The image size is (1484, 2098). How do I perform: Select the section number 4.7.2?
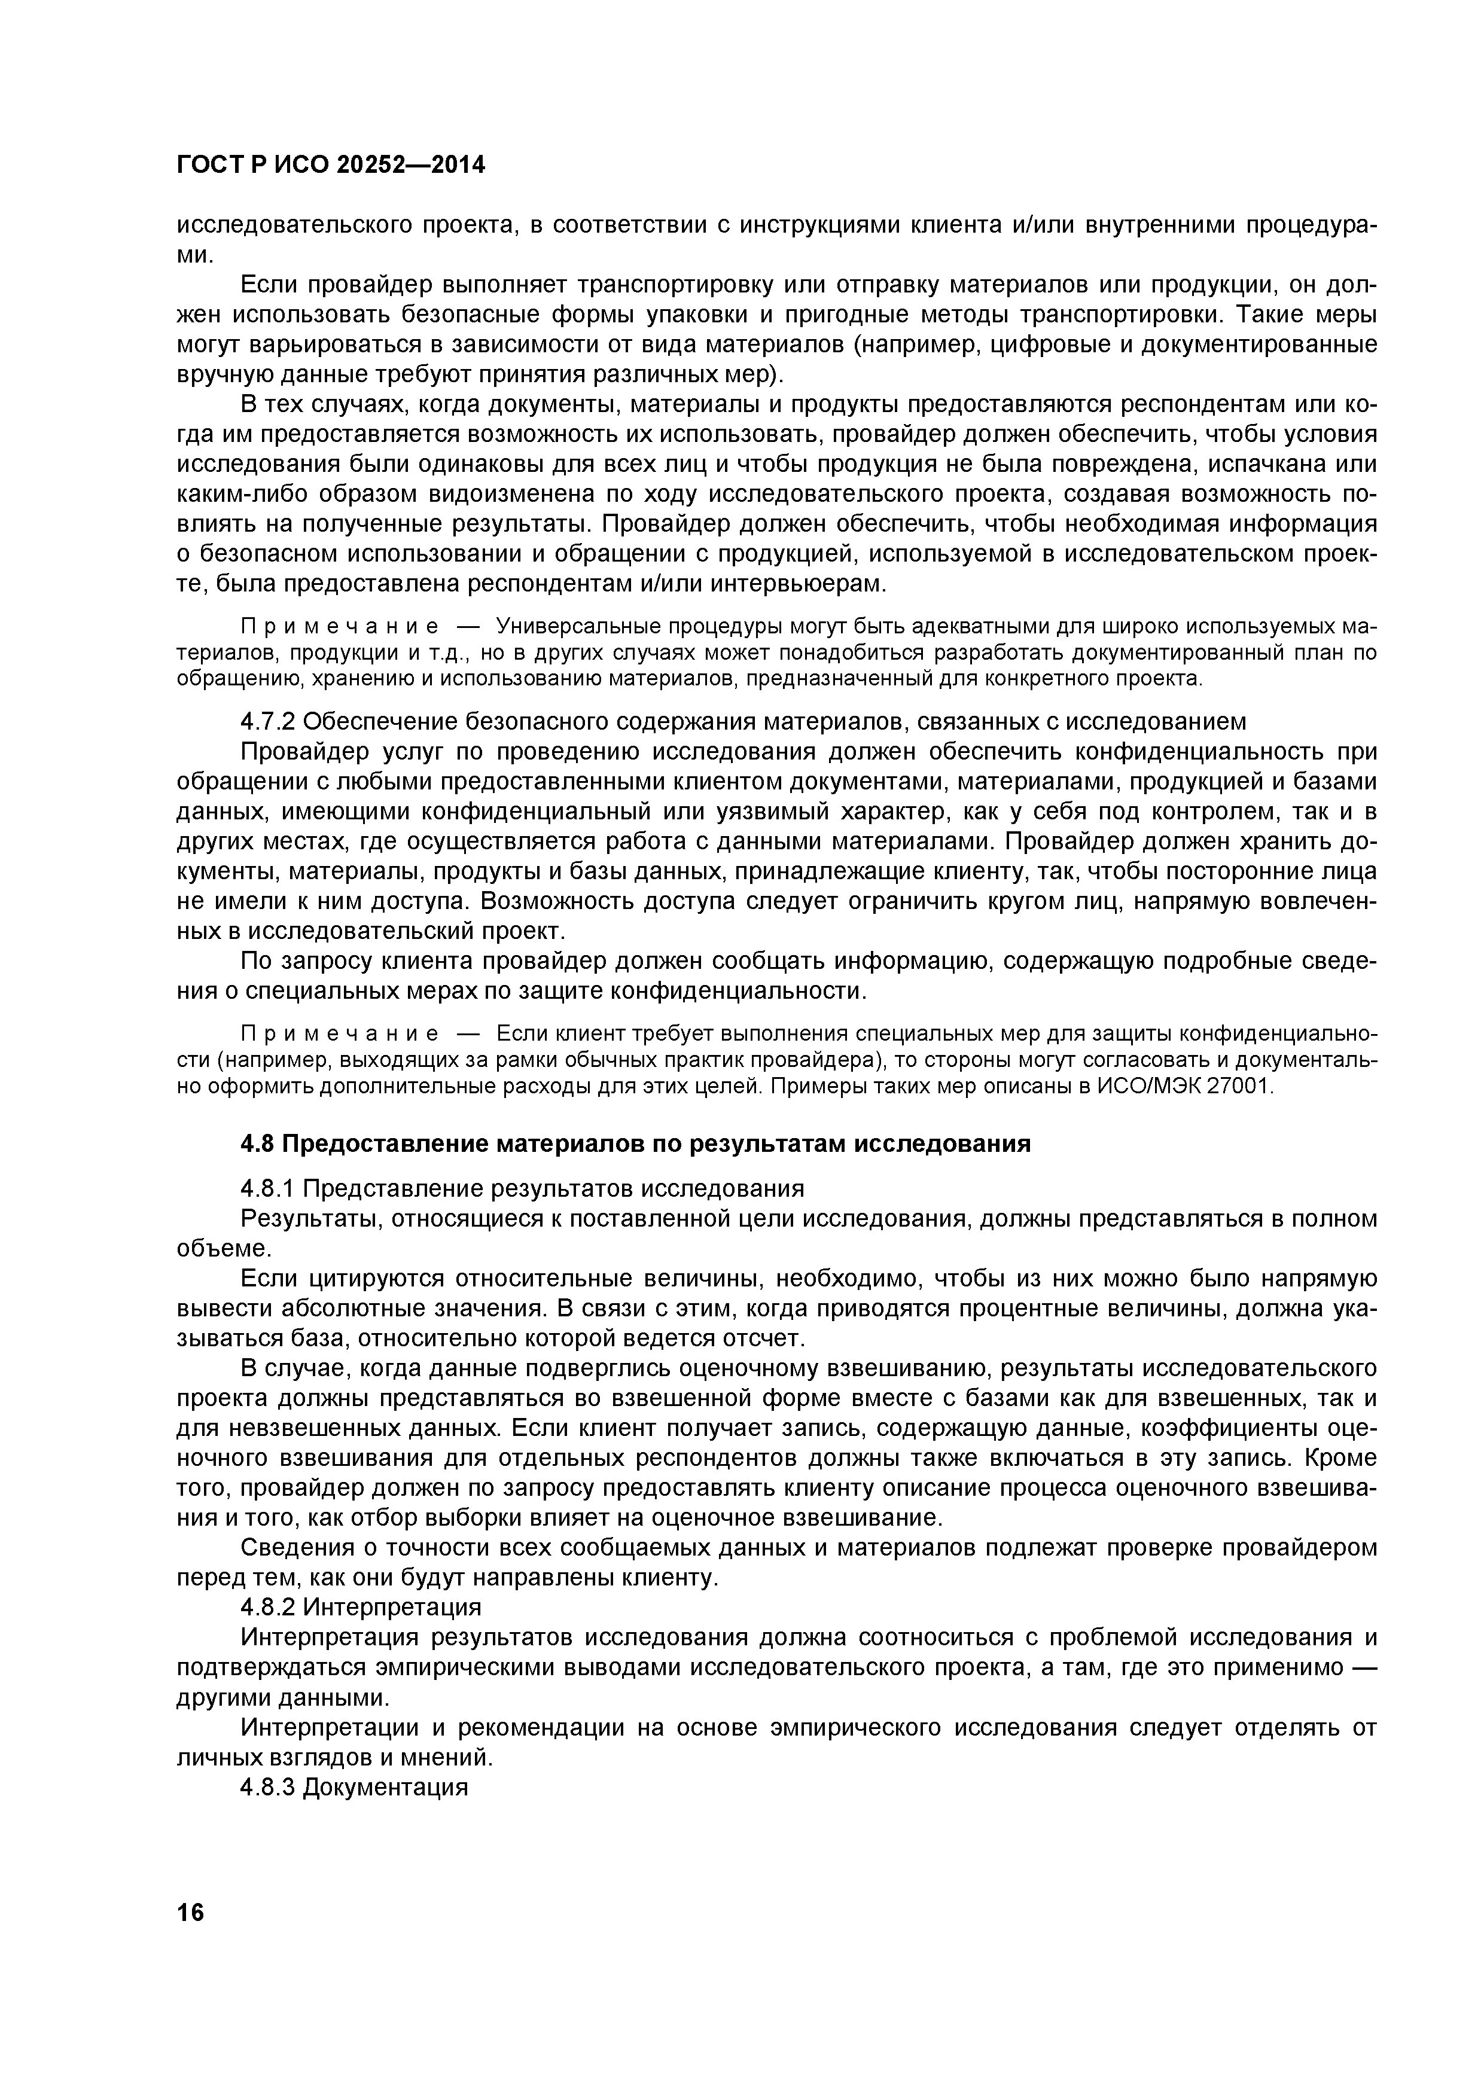pyautogui.click(x=268, y=722)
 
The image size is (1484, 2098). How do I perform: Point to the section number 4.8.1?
pyautogui.click(x=268, y=1189)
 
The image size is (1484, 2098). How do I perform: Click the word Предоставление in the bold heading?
pyautogui.click(x=381, y=1144)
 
